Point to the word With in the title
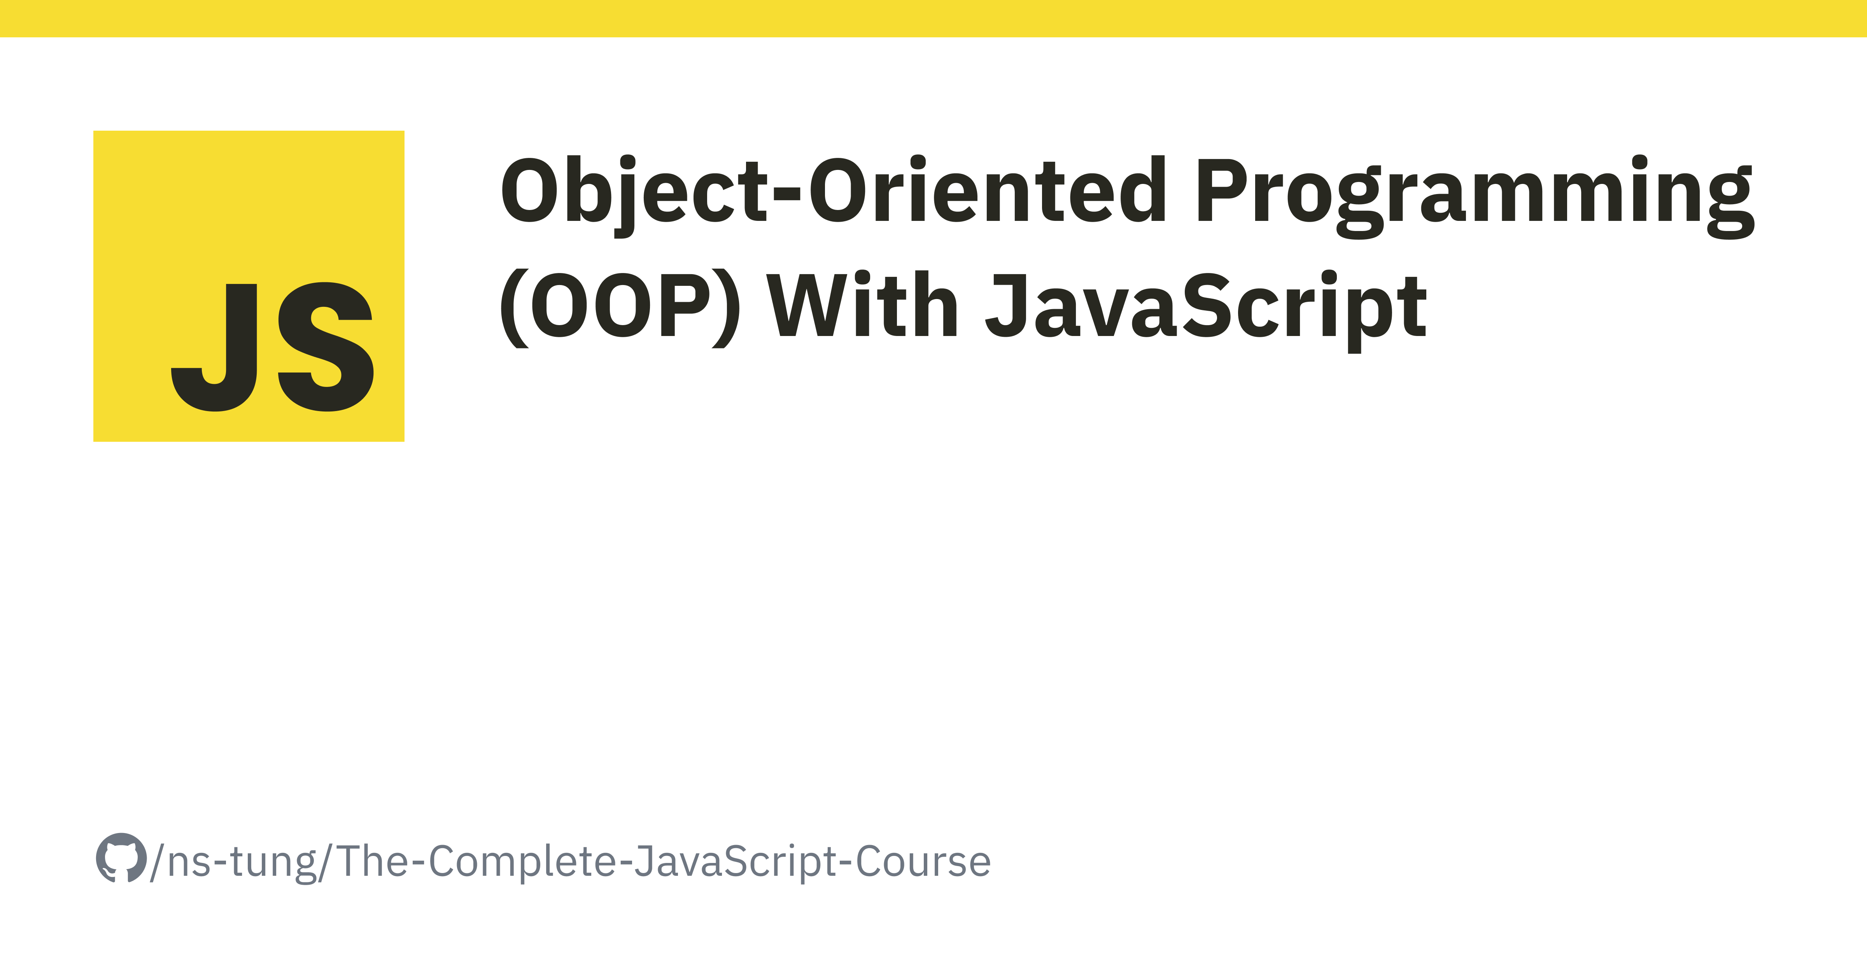click(862, 304)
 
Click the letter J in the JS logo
click(215, 347)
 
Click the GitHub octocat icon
click(121, 858)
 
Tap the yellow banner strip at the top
click(933, 18)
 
